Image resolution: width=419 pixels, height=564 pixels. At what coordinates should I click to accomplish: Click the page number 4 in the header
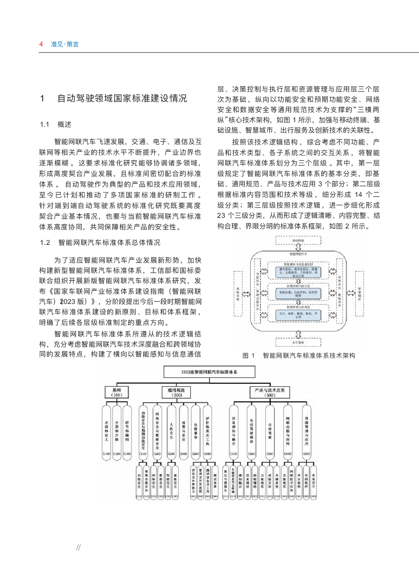41,44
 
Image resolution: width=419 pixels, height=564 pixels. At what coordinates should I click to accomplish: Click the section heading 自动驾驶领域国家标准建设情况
122,98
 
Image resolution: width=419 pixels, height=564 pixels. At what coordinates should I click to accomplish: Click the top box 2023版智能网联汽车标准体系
209,372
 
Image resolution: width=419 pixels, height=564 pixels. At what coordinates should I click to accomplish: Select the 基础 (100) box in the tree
117,393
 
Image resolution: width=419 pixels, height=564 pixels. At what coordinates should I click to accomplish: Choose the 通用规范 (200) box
177,393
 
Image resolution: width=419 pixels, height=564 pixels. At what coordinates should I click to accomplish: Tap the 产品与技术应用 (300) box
269,393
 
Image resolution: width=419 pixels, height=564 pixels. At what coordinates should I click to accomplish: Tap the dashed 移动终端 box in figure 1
298,240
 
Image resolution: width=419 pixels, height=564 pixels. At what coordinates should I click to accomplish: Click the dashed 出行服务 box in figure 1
298,343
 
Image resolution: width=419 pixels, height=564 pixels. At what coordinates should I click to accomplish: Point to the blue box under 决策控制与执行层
298,294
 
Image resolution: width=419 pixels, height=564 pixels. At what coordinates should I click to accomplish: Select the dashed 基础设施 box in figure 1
238,294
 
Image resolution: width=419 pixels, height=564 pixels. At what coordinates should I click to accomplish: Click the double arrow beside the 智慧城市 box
351,293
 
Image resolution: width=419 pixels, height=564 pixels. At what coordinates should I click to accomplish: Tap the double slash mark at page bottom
78,547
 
